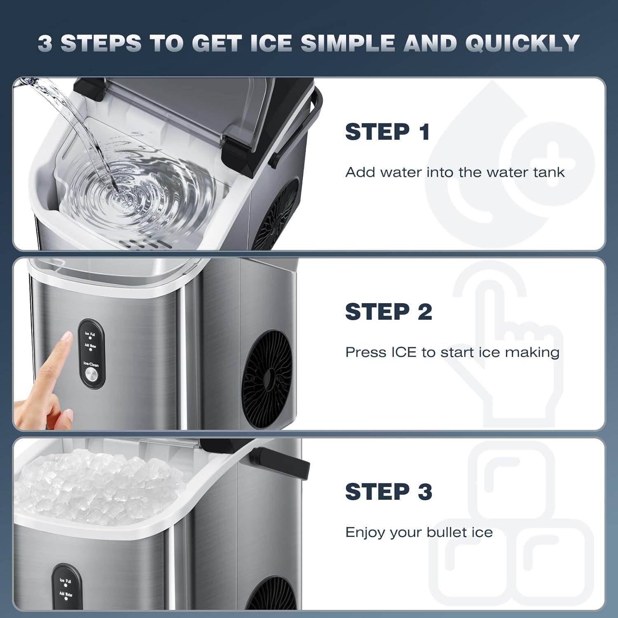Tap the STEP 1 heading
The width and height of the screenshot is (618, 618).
387,132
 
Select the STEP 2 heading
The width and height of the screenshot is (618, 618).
389,311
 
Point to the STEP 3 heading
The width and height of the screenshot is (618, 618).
389,492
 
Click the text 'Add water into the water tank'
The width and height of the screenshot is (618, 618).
454,172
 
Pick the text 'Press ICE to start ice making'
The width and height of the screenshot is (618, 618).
452,352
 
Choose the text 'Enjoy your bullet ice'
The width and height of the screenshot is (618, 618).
419,532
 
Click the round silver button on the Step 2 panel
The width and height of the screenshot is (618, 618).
91,375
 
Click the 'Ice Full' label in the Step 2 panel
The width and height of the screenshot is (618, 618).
90,334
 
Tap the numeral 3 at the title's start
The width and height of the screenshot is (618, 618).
45,43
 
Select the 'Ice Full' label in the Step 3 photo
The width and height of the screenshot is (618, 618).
66,581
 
